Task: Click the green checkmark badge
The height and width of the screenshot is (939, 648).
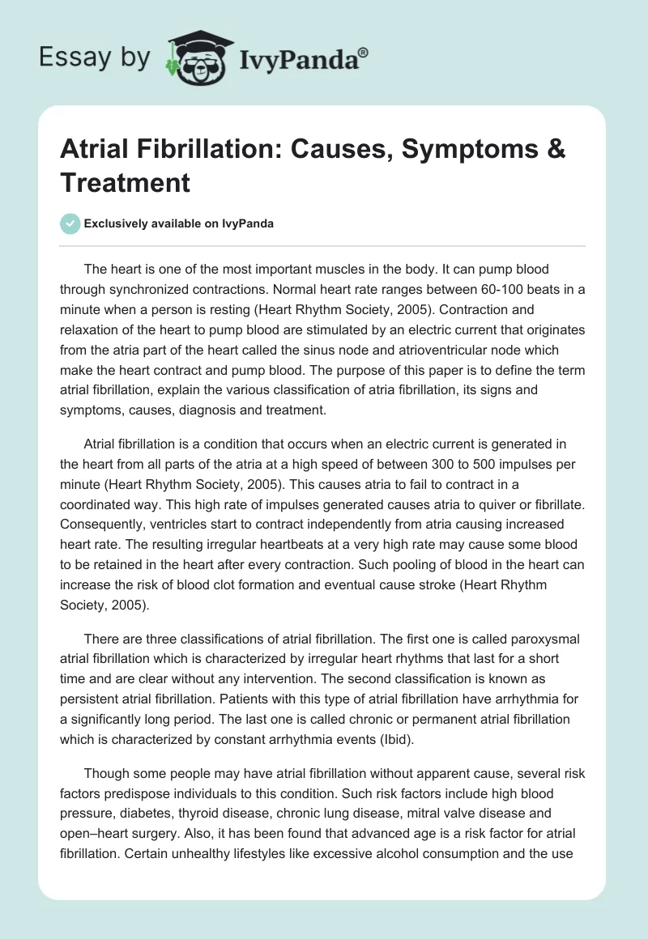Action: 70,223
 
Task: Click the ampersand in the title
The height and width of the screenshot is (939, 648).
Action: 555,150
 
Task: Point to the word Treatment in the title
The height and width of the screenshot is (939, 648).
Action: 125,182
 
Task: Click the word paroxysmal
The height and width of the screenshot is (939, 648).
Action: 542,639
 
